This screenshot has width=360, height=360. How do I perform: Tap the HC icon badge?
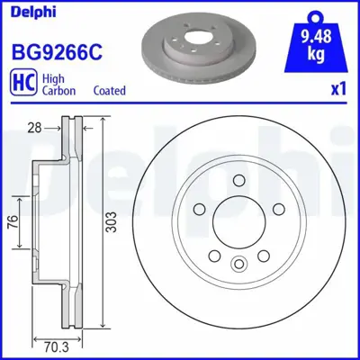click(x=22, y=85)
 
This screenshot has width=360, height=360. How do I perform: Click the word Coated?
click(x=110, y=91)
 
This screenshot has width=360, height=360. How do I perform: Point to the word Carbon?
click(x=59, y=91)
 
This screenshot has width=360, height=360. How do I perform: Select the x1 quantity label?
click(x=338, y=91)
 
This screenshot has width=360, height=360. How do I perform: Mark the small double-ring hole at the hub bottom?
click(x=238, y=264)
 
